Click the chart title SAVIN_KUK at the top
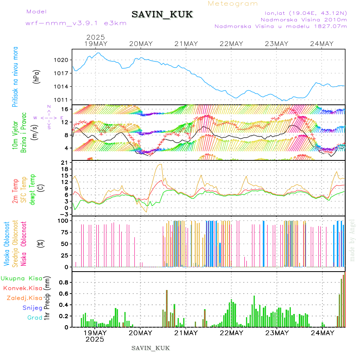pyautogui.click(x=162, y=15)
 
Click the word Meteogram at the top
pyautogui.click(x=233, y=4)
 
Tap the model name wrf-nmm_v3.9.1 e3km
pyautogui.click(x=76, y=23)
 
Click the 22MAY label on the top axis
pyautogui.click(x=232, y=44)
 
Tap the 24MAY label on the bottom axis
pyautogui.click(x=322, y=333)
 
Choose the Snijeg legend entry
pyautogui.click(x=32, y=308)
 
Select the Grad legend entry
pyautogui.click(x=34, y=318)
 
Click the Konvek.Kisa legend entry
pyautogui.click(x=22, y=288)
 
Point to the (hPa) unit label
pyautogui.click(x=37, y=76)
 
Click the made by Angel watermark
pyautogui.click(x=352, y=240)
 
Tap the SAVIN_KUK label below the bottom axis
pyautogui.click(x=150, y=348)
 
